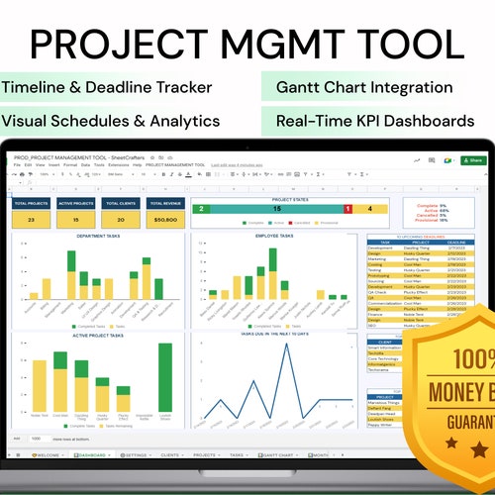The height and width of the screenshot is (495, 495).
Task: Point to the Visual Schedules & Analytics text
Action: pyautogui.click(x=110, y=121)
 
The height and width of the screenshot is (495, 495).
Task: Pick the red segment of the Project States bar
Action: pyautogui.click(x=347, y=209)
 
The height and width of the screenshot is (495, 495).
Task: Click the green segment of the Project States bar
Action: pyautogui.click(x=199, y=209)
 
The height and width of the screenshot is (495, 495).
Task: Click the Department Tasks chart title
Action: pyautogui.click(x=97, y=237)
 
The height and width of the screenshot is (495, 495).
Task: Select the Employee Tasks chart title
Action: pyautogui.click(x=273, y=237)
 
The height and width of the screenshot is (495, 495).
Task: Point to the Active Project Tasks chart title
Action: pyautogui.click(x=97, y=334)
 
